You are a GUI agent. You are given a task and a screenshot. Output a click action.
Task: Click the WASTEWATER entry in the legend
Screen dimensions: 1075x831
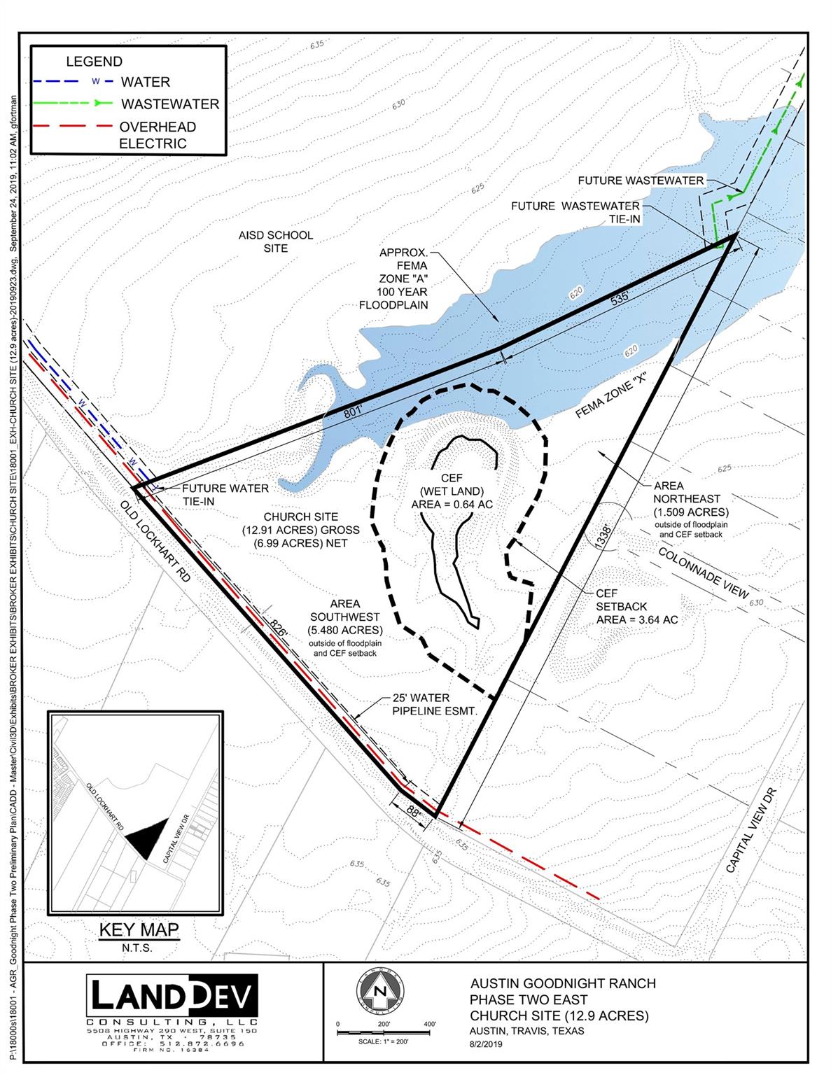(169, 104)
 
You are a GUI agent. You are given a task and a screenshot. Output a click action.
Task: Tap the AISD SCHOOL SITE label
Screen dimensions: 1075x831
(276, 241)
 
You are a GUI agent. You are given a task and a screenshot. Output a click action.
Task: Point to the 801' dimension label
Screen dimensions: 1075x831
(355, 412)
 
